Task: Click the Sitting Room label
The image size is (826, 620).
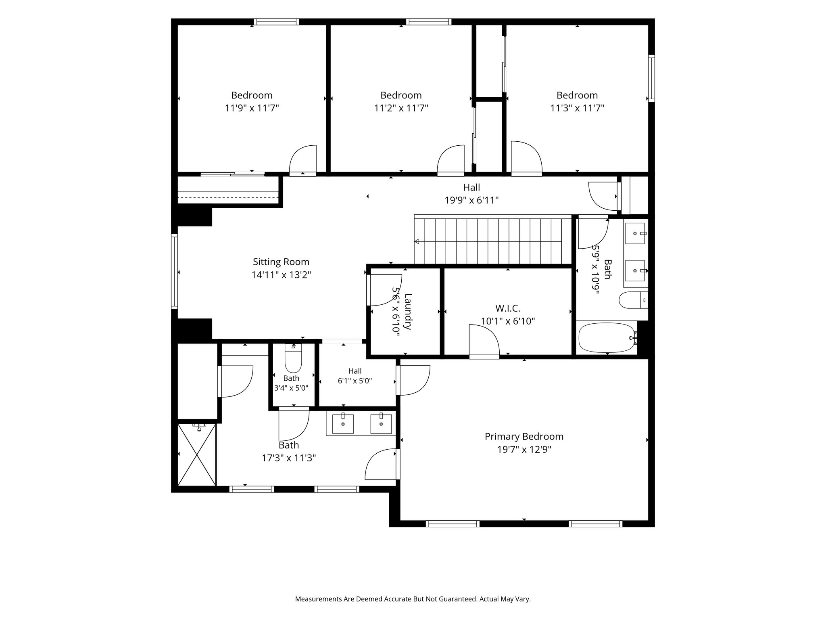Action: [281, 262]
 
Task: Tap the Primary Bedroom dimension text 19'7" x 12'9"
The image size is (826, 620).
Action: [524, 450]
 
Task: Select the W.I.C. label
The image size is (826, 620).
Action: [508, 308]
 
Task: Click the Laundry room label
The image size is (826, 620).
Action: [408, 312]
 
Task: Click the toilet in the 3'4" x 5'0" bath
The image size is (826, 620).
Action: [293, 358]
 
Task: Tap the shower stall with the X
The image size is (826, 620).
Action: [197, 454]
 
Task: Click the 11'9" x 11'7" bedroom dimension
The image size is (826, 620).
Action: [252, 108]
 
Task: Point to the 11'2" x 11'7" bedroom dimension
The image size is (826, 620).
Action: [401, 108]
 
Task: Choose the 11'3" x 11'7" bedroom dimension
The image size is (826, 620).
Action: [577, 108]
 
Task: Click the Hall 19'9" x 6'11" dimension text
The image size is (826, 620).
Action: [471, 200]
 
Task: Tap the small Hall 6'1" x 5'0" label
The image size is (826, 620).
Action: [355, 371]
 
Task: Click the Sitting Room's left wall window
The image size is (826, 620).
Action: [174, 272]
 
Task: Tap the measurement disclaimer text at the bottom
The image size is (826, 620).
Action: [413, 599]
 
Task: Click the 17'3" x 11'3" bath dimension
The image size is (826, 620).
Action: [289, 458]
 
